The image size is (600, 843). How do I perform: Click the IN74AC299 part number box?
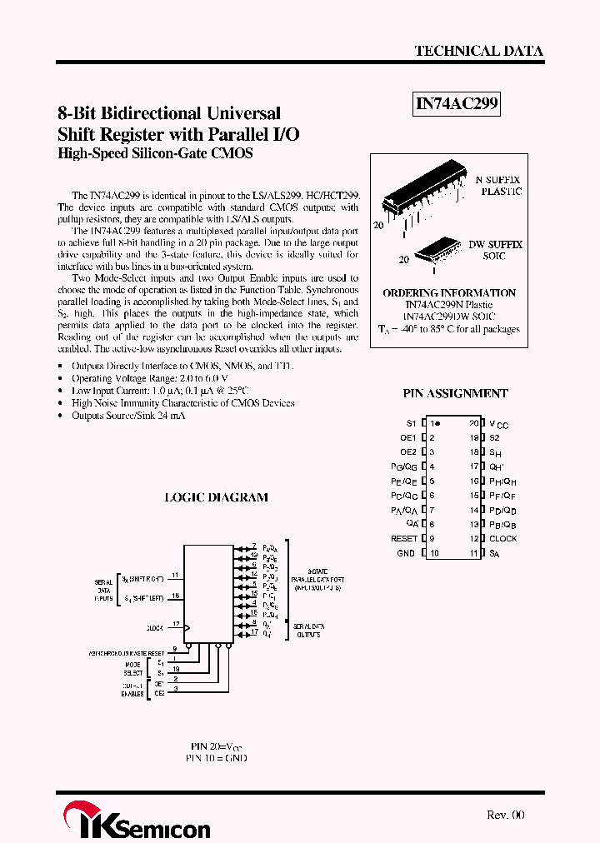pyautogui.click(x=457, y=104)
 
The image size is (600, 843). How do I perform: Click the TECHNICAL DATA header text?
pyautogui.click(x=478, y=51)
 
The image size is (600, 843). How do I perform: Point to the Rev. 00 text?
pyautogui.click(x=506, y=816)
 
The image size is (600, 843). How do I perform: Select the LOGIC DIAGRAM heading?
pyautogui.click(x=216, y=497)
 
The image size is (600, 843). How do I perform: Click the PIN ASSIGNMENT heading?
pyautogui.click(x=455, y=393)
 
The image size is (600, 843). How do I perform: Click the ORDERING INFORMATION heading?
pyautogui.click(x=449, y=293)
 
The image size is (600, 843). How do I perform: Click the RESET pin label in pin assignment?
pyautogui.click(x=404, y=539)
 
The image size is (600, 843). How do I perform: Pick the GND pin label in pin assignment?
pyautogui.click(x=406, y=553)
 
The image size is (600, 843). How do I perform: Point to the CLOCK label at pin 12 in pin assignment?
pyautogui.click(x=502, y=539)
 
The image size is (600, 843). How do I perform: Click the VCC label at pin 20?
pyautogui.click(x=498, y=424)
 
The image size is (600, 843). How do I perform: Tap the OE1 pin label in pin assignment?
pyautogui.click(x=407, y=437)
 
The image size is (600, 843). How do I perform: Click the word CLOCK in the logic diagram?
pyautogui.click(x=154, y=628)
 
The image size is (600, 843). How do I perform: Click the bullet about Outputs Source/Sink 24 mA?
pyautogui.click(x=128, y=415)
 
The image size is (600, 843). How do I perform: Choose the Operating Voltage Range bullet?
pyautogui.click(x=137, y=377)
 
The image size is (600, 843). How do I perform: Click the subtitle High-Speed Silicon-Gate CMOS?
pyautogui.click(x=155, y=154)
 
